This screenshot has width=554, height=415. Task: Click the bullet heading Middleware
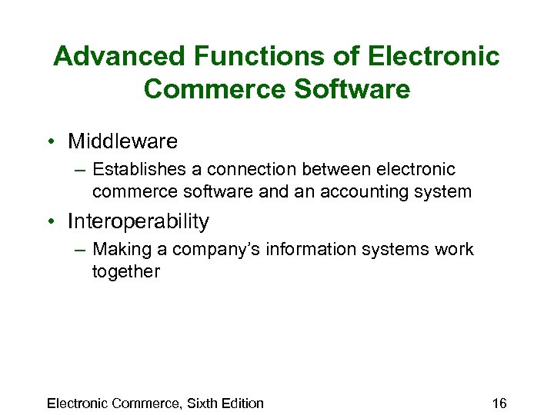click(122, 141)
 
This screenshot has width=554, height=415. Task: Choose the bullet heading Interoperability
click(138, 221)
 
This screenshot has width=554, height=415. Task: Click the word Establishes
click(136, 169)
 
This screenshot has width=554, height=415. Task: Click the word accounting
click(355, 191)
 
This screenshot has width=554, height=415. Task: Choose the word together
click(125, 271)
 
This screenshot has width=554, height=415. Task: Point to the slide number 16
click(499, 403)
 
